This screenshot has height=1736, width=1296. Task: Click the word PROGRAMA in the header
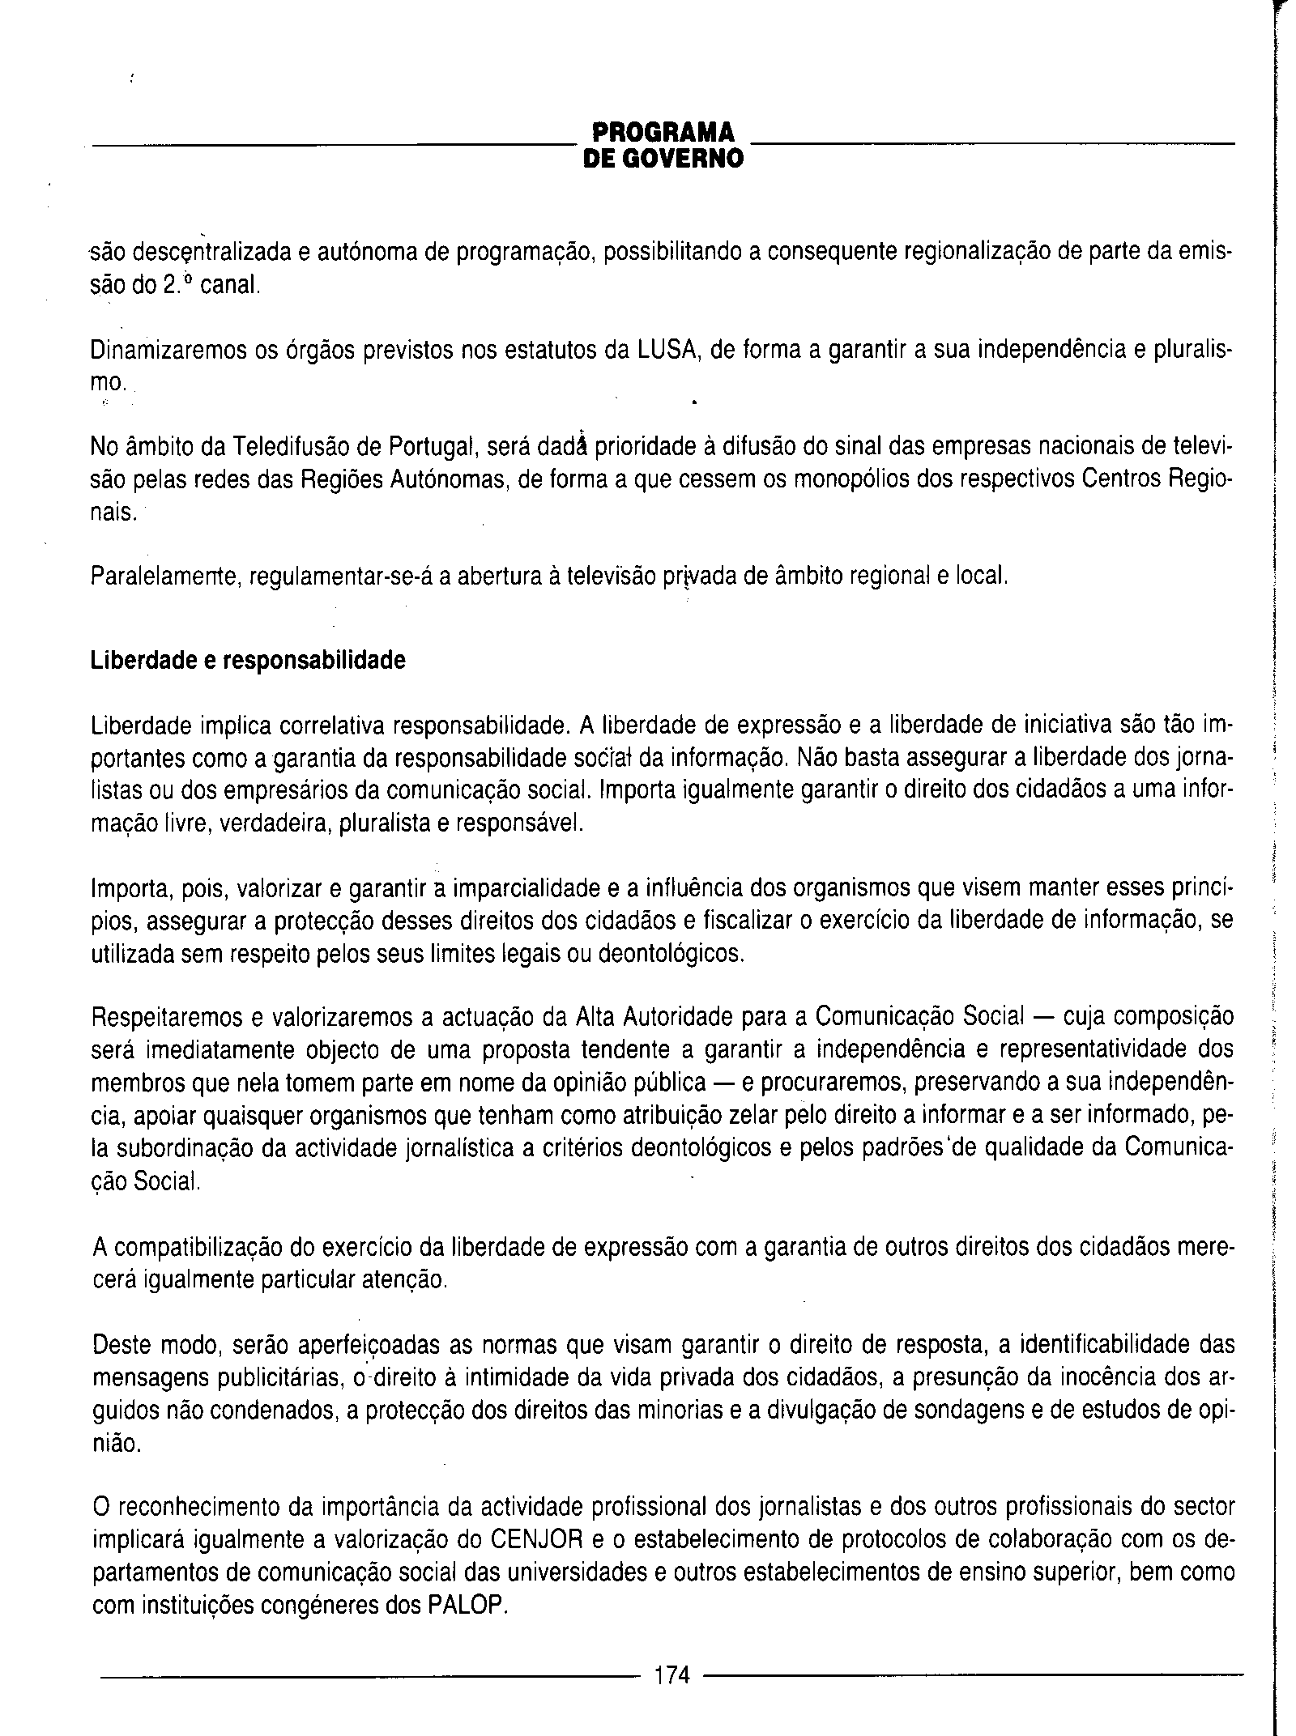[663, 132]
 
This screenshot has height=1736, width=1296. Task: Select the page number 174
[671, 1674]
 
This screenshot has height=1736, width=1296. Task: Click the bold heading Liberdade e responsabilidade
[248, 661]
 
